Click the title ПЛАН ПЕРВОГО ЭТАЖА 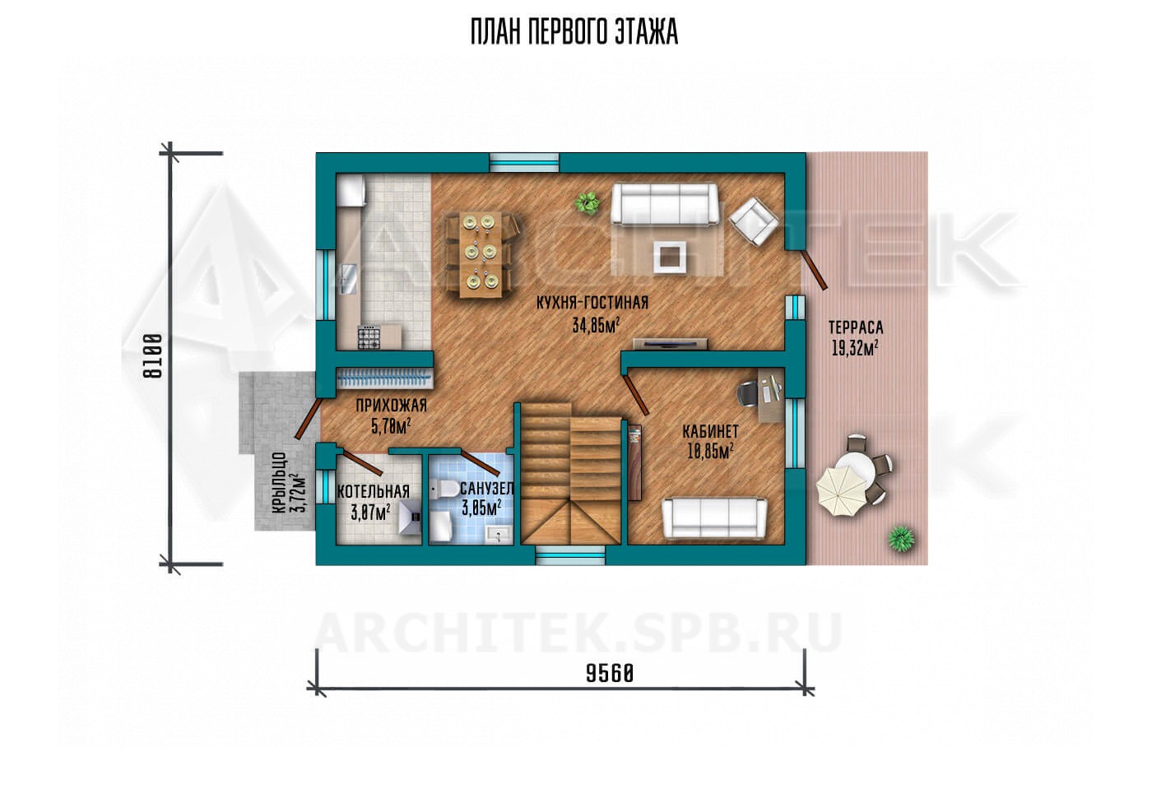pos(574,32)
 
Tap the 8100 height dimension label pos(153,356)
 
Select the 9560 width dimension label pos(610,674)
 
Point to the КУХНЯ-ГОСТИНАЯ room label pos(592,303)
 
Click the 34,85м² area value pos(596,325)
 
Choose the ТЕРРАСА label pos(856,327)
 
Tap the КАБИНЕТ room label pos(710,430)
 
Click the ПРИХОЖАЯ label pos(392,406)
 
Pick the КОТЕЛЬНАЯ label pos(374,491)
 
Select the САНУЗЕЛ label pos(486,489)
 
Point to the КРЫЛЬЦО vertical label pos(279,482)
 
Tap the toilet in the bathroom pos(444,490)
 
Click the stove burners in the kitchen pos(369,337)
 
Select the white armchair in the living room pos(754,221)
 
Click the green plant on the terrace pos(902,539)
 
